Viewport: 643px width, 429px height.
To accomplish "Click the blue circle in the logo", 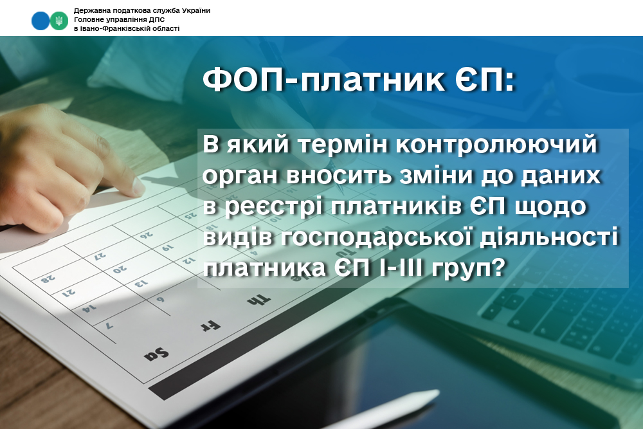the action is pos(41,21).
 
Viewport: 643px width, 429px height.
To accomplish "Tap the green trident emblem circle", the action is pos(59,21).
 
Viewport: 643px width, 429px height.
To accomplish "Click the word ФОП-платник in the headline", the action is pos(323,79).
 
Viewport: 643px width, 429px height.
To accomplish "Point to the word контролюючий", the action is pos(496,144).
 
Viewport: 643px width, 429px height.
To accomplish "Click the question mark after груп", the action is pos(497,268).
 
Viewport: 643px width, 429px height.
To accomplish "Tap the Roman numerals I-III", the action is pos(403,268).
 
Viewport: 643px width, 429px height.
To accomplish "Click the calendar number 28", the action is pos(48,279).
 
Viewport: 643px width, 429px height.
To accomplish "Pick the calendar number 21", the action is pos(69,293).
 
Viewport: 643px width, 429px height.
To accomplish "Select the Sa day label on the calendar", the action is pos(156,354).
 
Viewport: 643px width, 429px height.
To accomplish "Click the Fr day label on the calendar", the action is pos(210,326).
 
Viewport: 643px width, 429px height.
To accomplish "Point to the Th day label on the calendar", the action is pos(259,300).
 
